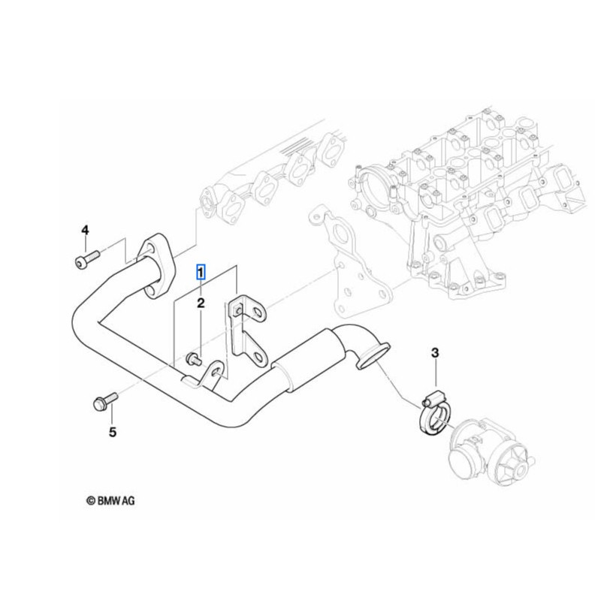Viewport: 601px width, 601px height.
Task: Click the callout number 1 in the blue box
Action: coord(201,272)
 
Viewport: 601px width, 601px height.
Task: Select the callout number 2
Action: coord(201,304)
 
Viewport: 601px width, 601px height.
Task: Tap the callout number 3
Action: coord(434,353)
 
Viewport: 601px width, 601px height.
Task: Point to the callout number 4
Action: coord(85,229)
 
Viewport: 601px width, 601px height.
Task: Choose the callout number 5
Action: coord(113,432)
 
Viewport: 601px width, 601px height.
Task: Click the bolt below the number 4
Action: coord(84,261)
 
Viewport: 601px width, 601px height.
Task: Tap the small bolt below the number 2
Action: coord(194,358)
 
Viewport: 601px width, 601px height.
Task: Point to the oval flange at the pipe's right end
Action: coord(372,355)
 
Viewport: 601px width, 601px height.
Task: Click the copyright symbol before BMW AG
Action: coord(90,500)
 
